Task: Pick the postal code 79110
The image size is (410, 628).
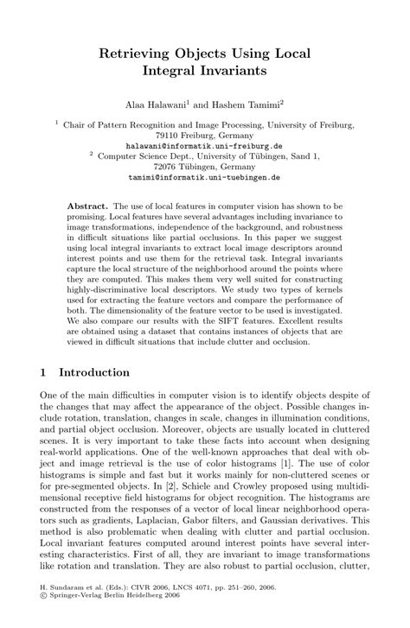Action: [x=170, y=136]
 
